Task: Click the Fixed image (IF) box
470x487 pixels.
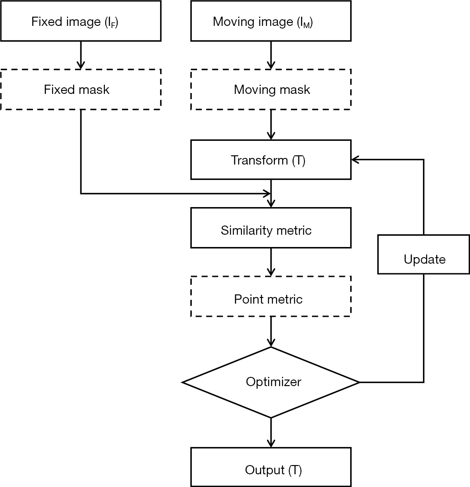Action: click(x=80, y=21)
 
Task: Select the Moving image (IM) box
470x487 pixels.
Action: click(x=271, y=21)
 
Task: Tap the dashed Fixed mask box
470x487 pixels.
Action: click(x=80, y=90)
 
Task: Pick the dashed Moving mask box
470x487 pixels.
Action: click(x=271, y=90)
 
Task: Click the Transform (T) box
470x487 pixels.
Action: click(x=271, y=160)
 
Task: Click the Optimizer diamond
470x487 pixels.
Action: click(x=271, y=382)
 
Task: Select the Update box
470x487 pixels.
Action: click(x=424, y=259)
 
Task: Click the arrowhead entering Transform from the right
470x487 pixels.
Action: click(x=355, y=160)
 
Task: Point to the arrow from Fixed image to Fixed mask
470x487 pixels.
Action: click(x=81, y=55)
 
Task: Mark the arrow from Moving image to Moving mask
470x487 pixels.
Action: click(x=271, y=55)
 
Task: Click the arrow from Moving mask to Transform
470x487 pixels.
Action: click(x=271, y=125)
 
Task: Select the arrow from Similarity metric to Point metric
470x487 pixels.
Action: click(x=271, y=262)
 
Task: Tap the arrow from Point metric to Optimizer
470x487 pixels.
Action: click(x=271, y=332)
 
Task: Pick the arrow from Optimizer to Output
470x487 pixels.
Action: click(x=271, y=433)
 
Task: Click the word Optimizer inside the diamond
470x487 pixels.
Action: click(x=273, y=382)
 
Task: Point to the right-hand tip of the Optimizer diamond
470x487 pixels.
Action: click(x=359, y=382)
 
